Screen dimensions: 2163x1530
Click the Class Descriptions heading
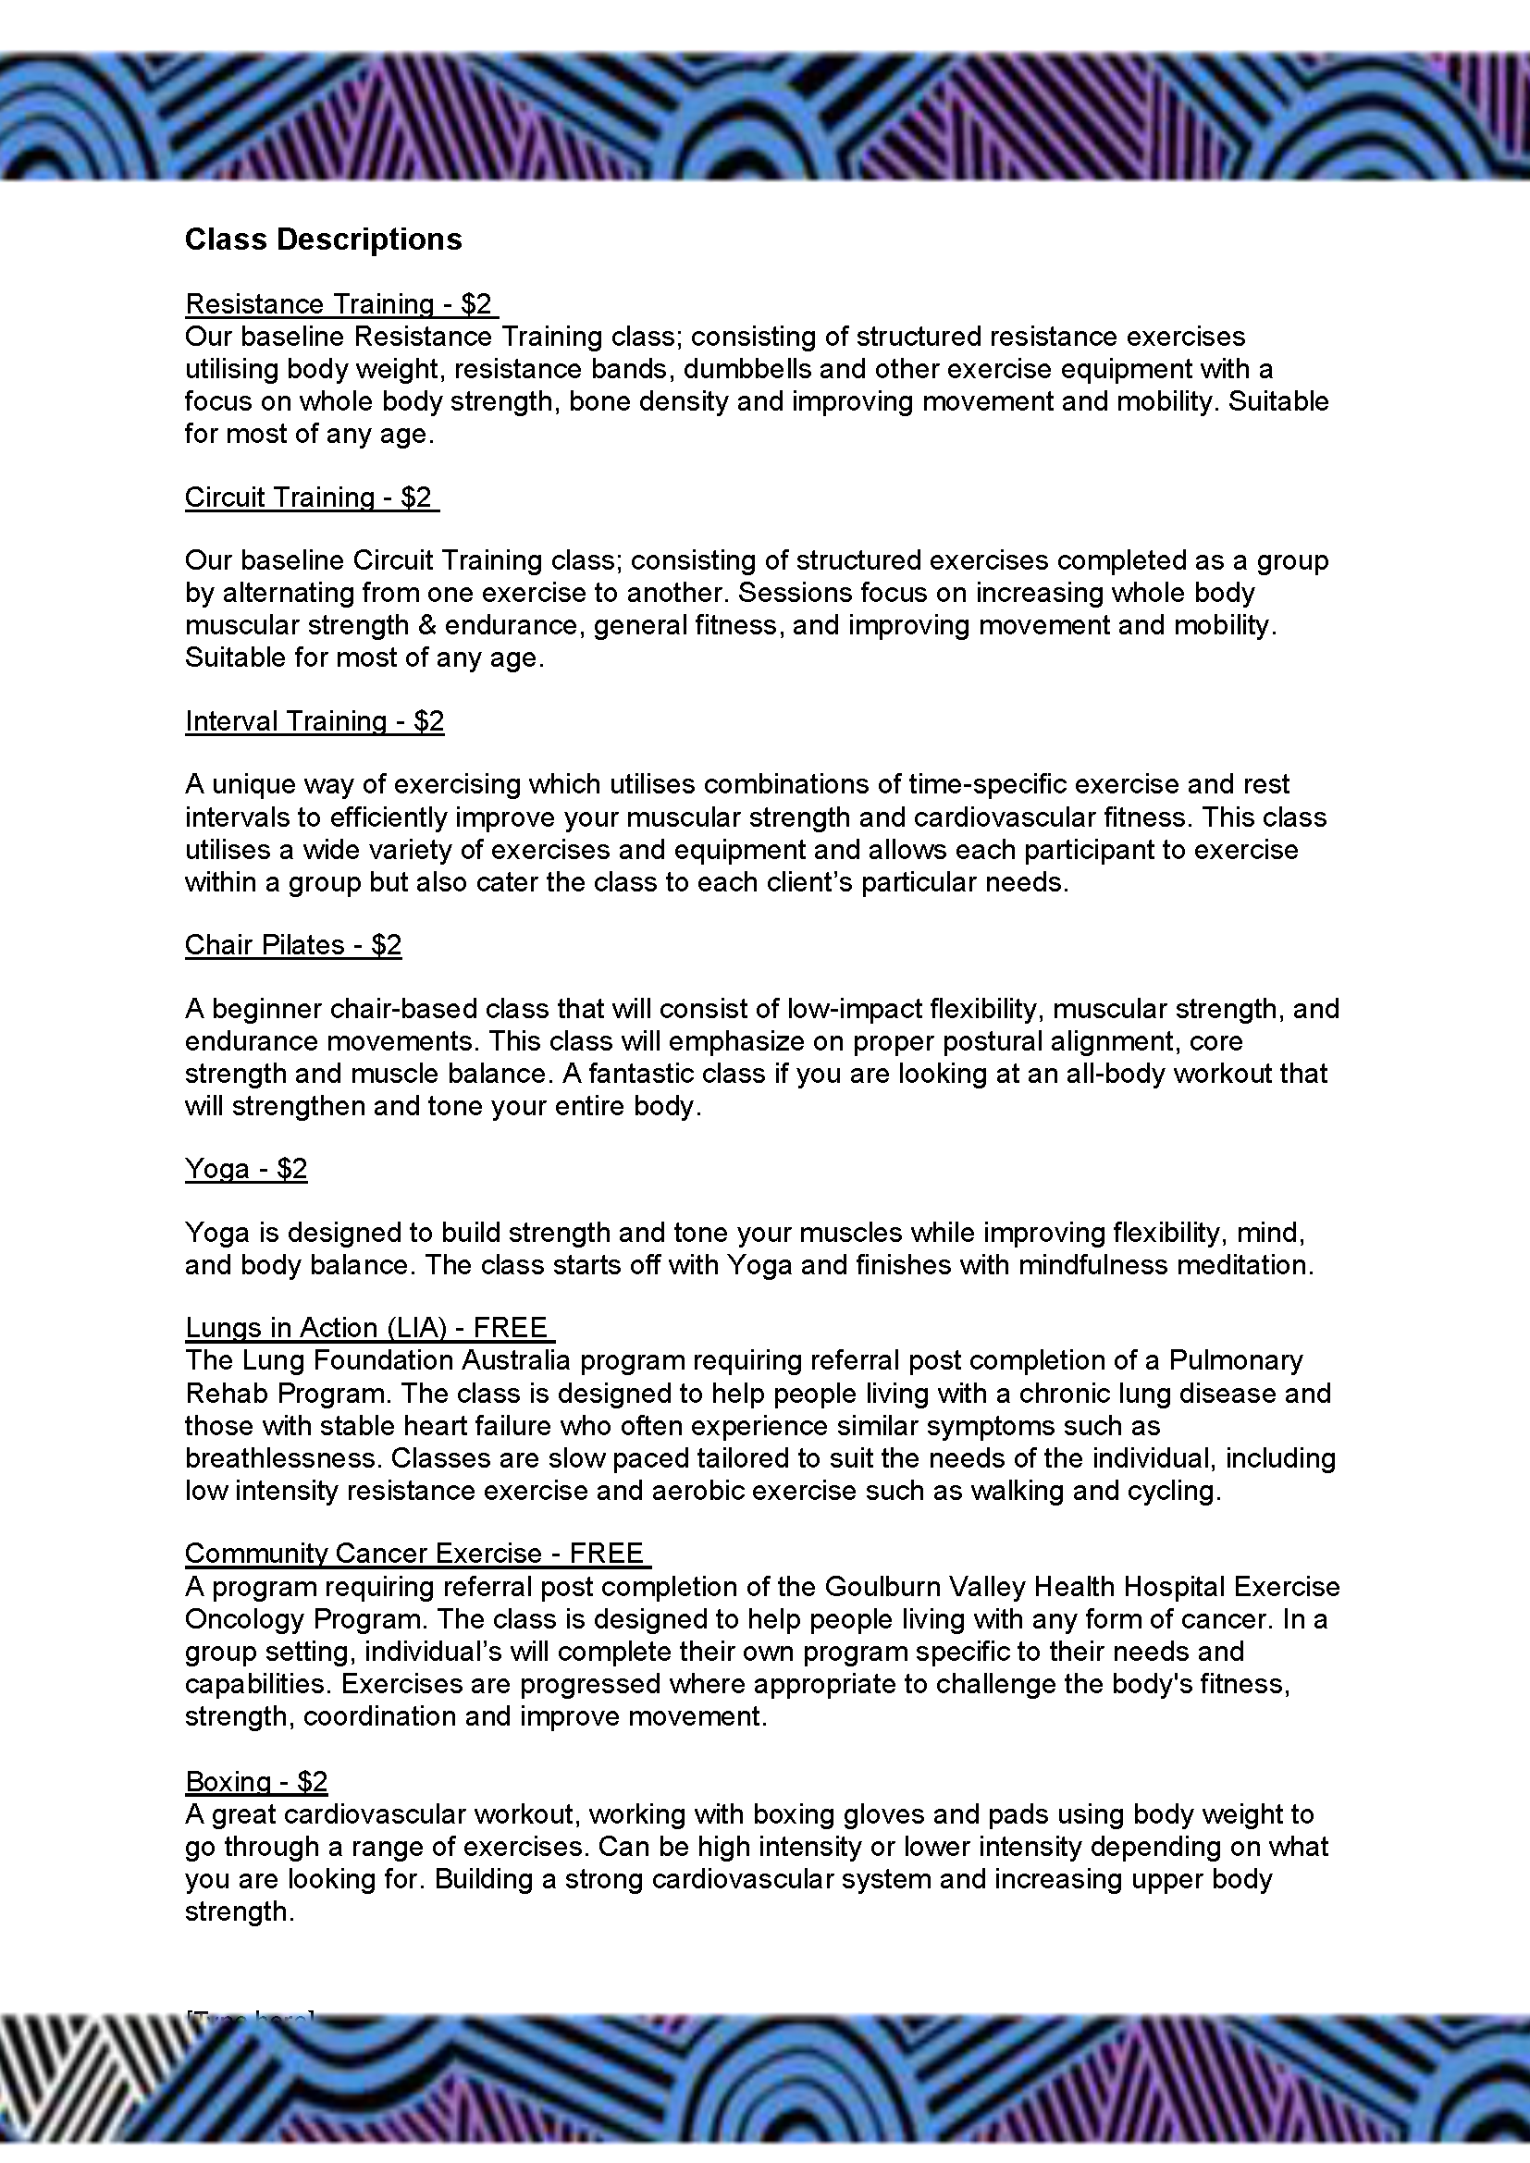click(323, 240)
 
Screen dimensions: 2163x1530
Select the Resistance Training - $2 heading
click(339, 304)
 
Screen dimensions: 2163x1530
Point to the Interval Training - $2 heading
click(314, 721)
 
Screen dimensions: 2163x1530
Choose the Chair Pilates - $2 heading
click(293, 945)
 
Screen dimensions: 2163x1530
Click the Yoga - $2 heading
click(246, 1169)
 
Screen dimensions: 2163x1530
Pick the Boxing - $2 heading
click(256, 1782)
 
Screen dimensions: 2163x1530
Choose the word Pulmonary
click(1235, 1361)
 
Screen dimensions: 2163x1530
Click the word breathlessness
click(283, 1458)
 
